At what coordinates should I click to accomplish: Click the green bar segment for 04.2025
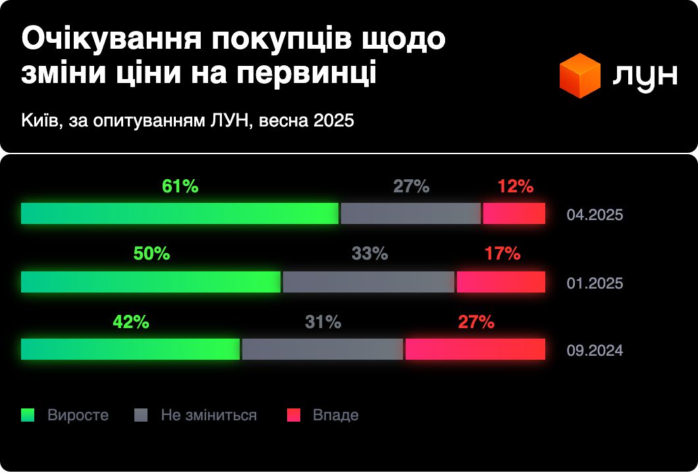180,213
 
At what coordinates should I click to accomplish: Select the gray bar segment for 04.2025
411,213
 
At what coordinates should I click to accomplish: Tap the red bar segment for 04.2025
514,213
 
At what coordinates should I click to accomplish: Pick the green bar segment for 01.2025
151,282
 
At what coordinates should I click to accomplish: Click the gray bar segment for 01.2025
369,282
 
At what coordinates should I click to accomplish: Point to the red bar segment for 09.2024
475,349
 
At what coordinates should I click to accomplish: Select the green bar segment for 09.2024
130,349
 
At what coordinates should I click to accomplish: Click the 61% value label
180,186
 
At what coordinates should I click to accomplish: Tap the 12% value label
516,186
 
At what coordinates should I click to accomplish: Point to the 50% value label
152,254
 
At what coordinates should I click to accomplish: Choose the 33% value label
370,254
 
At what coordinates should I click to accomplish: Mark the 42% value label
131,321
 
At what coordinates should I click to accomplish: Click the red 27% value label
476,321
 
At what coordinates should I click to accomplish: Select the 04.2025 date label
595,215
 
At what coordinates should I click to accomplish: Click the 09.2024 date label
595,350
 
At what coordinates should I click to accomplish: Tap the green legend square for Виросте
28,415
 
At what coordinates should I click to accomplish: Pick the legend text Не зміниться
209,415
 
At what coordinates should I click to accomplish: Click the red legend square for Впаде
293,415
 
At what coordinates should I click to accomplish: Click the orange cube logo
579,75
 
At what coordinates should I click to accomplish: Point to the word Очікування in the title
113,40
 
